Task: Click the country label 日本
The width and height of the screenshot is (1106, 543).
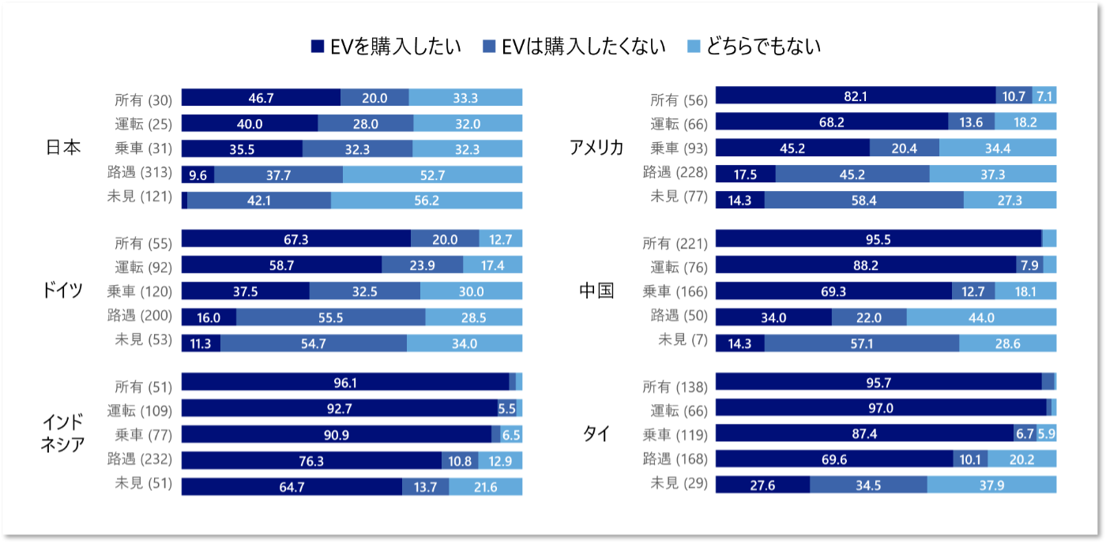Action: [x=64, y=148]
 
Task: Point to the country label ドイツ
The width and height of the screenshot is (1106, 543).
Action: [x=62, y=290]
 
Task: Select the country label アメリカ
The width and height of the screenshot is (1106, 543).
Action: [x=596, y=148]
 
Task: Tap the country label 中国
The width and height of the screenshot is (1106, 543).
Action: [x=596, y=290]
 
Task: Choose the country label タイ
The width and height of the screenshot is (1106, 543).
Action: [x=596, y=434]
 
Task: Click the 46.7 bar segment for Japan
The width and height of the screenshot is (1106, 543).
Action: [x=261, y=98]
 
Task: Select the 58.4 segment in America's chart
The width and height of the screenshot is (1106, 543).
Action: [x=863, y=200]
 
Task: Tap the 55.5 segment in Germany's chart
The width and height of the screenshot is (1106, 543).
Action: [x=330, y=317]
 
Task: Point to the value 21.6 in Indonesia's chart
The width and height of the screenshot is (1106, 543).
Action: [x=485, y=487]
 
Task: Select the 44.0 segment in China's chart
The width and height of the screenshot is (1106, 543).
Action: [x=981, y=317]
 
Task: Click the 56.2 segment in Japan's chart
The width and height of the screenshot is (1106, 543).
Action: [x=426, y=200]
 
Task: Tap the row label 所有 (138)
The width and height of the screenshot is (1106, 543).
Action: [x=673, y=386]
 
